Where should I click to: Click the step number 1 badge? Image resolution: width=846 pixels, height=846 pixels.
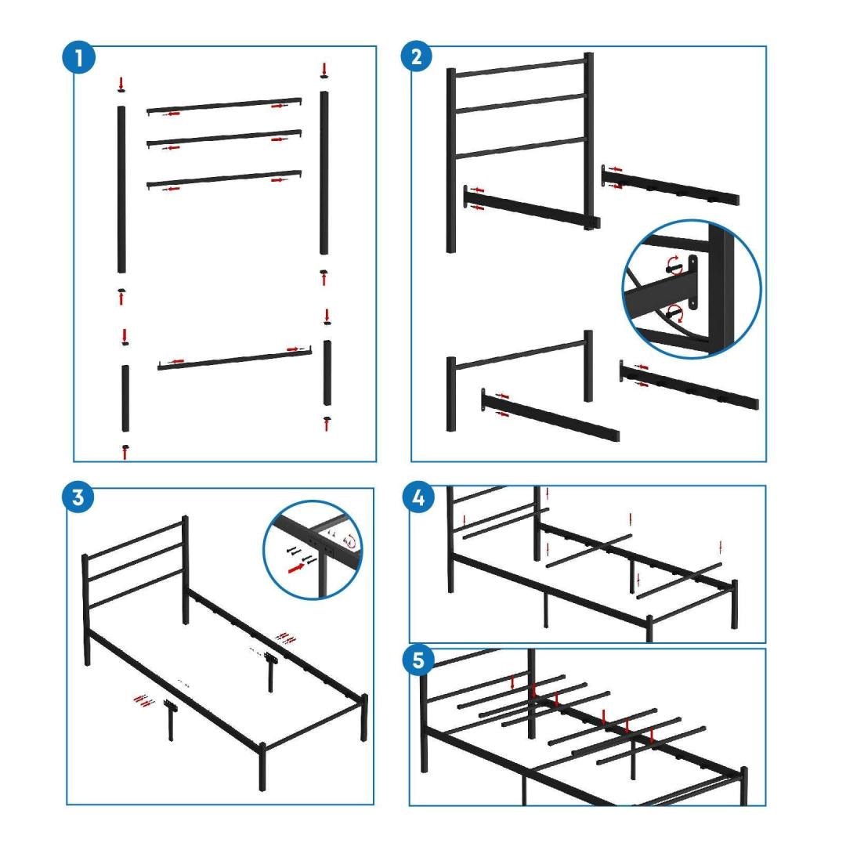click(79, 57)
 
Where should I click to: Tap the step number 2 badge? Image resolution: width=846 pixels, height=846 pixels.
click(417, 56)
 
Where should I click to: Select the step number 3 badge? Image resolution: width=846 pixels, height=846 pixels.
click(78, 497)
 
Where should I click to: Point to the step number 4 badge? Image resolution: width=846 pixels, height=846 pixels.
click(418, 497)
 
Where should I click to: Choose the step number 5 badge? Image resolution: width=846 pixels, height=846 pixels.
click(418, 660)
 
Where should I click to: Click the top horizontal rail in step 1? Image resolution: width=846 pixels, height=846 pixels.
click(224, 105)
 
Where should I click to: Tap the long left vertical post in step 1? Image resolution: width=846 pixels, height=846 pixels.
click(121, 190)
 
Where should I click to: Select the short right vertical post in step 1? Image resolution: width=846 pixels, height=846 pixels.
click(327, 373)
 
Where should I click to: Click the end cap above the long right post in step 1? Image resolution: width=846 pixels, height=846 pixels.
click(324, 76)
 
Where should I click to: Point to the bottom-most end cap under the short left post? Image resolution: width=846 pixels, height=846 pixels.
click(125, 447)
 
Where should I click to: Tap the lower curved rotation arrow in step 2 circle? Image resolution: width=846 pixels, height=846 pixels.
click(675, 313)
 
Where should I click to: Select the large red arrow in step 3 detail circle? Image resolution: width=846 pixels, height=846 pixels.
click(296, 567)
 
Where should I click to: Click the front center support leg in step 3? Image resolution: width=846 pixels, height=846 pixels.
click(171, 721)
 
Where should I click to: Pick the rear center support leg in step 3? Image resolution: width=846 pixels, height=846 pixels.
click(270, 672)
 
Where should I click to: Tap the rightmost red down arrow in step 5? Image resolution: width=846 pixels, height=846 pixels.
click(653, 736)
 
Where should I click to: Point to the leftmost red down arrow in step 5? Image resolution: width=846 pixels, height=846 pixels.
click(512, 682)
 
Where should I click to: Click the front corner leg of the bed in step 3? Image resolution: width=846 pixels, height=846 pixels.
click(262, 767)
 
